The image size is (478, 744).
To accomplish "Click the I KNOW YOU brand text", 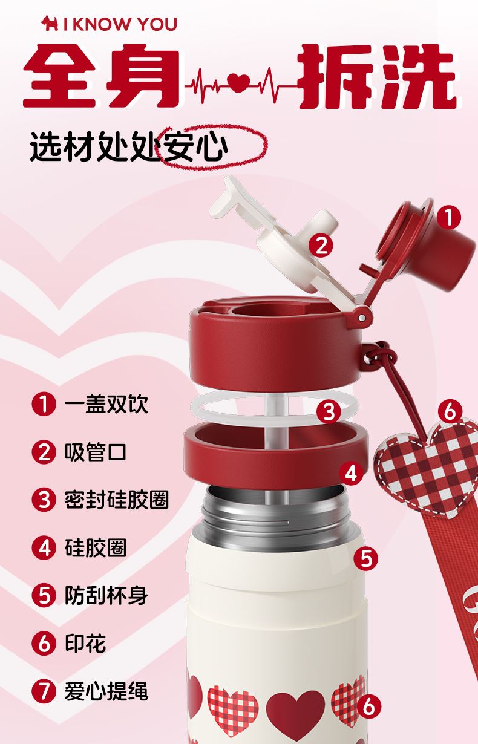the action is pos(120,24).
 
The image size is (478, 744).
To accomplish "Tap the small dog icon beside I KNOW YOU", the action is pos(50,24).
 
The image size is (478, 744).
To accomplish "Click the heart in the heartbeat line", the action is pos(240,82).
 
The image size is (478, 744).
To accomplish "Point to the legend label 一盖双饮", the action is pos(106,404).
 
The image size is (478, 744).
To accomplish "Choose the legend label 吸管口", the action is pos(96,452).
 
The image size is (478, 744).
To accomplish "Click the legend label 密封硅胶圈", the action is pos(117,499).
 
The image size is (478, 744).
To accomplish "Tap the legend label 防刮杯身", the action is pos(106,595).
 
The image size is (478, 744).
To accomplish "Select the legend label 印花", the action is pos(85,643).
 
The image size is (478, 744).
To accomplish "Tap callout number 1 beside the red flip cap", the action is pos(449,218).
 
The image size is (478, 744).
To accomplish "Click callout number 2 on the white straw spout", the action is pos(321,246).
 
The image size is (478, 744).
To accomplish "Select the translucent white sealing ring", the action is pos(274,407).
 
